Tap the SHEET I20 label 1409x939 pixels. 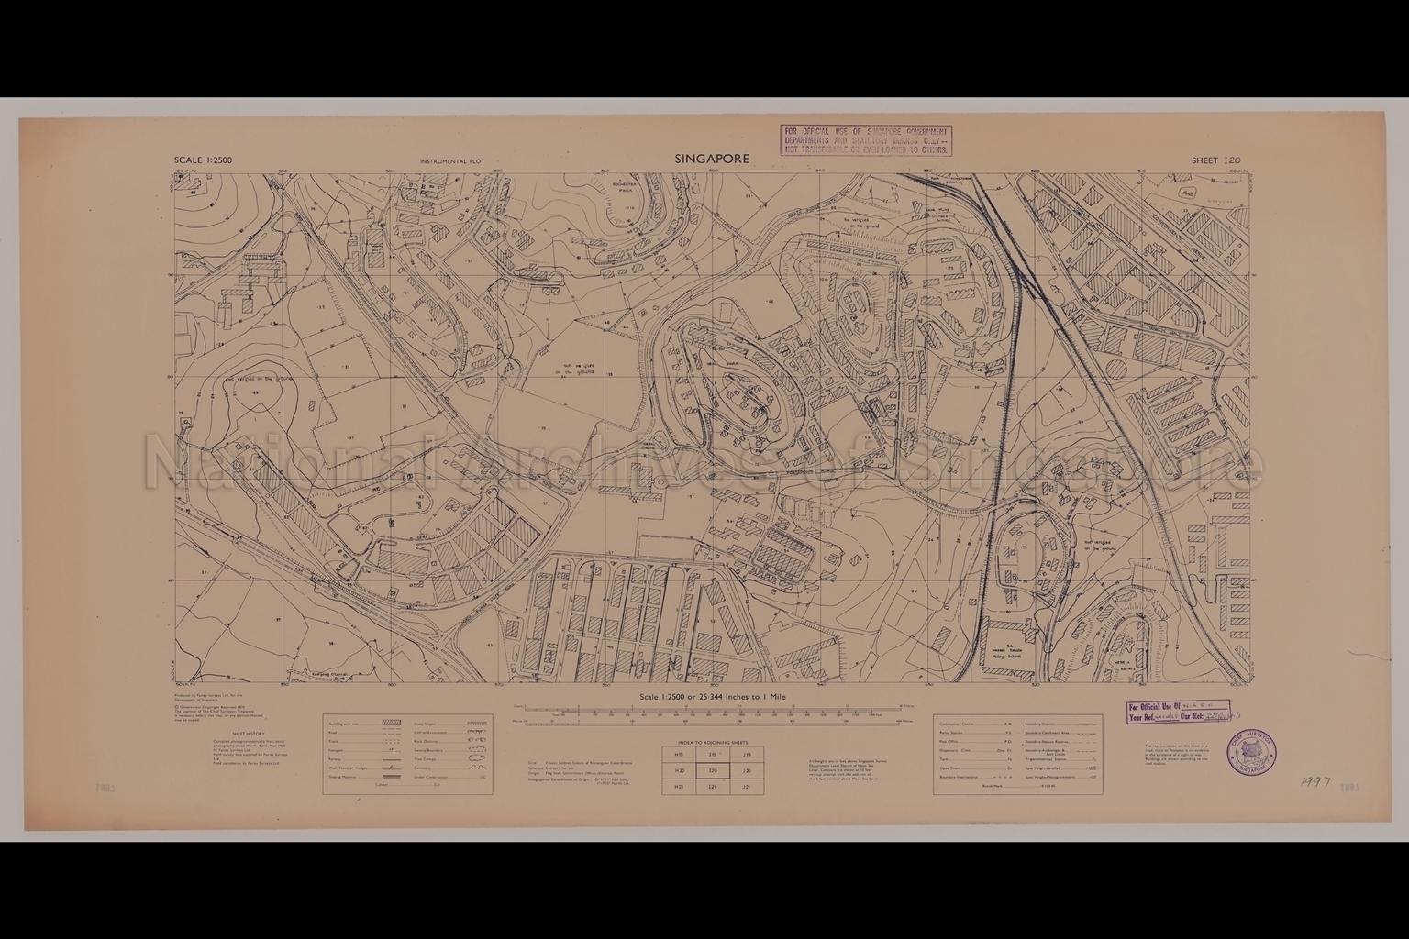click(1215, 160)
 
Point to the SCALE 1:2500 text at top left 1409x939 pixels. click(203, 160)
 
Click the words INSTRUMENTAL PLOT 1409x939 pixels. click(451, 161)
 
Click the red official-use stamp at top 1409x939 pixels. click(865, 141)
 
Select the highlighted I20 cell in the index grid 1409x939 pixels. click(713, 771)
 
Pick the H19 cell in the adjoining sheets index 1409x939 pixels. click(679, 755)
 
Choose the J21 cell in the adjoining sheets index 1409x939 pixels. click(747, 787)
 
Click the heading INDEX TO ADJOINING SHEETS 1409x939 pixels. click(713, 741)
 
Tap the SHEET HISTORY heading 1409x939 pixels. click(248, 734)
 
